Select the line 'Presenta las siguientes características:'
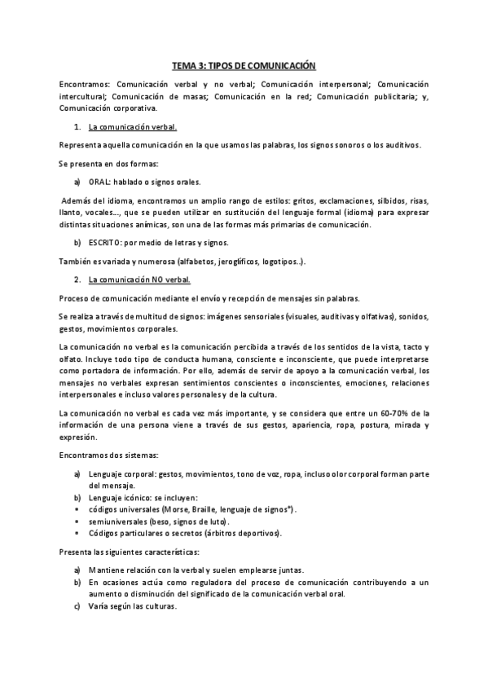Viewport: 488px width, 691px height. (x=129, y=552)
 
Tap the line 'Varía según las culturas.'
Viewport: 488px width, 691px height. (x=131, y=606)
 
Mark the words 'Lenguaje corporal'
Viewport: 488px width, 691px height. (x=122, y=473)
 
